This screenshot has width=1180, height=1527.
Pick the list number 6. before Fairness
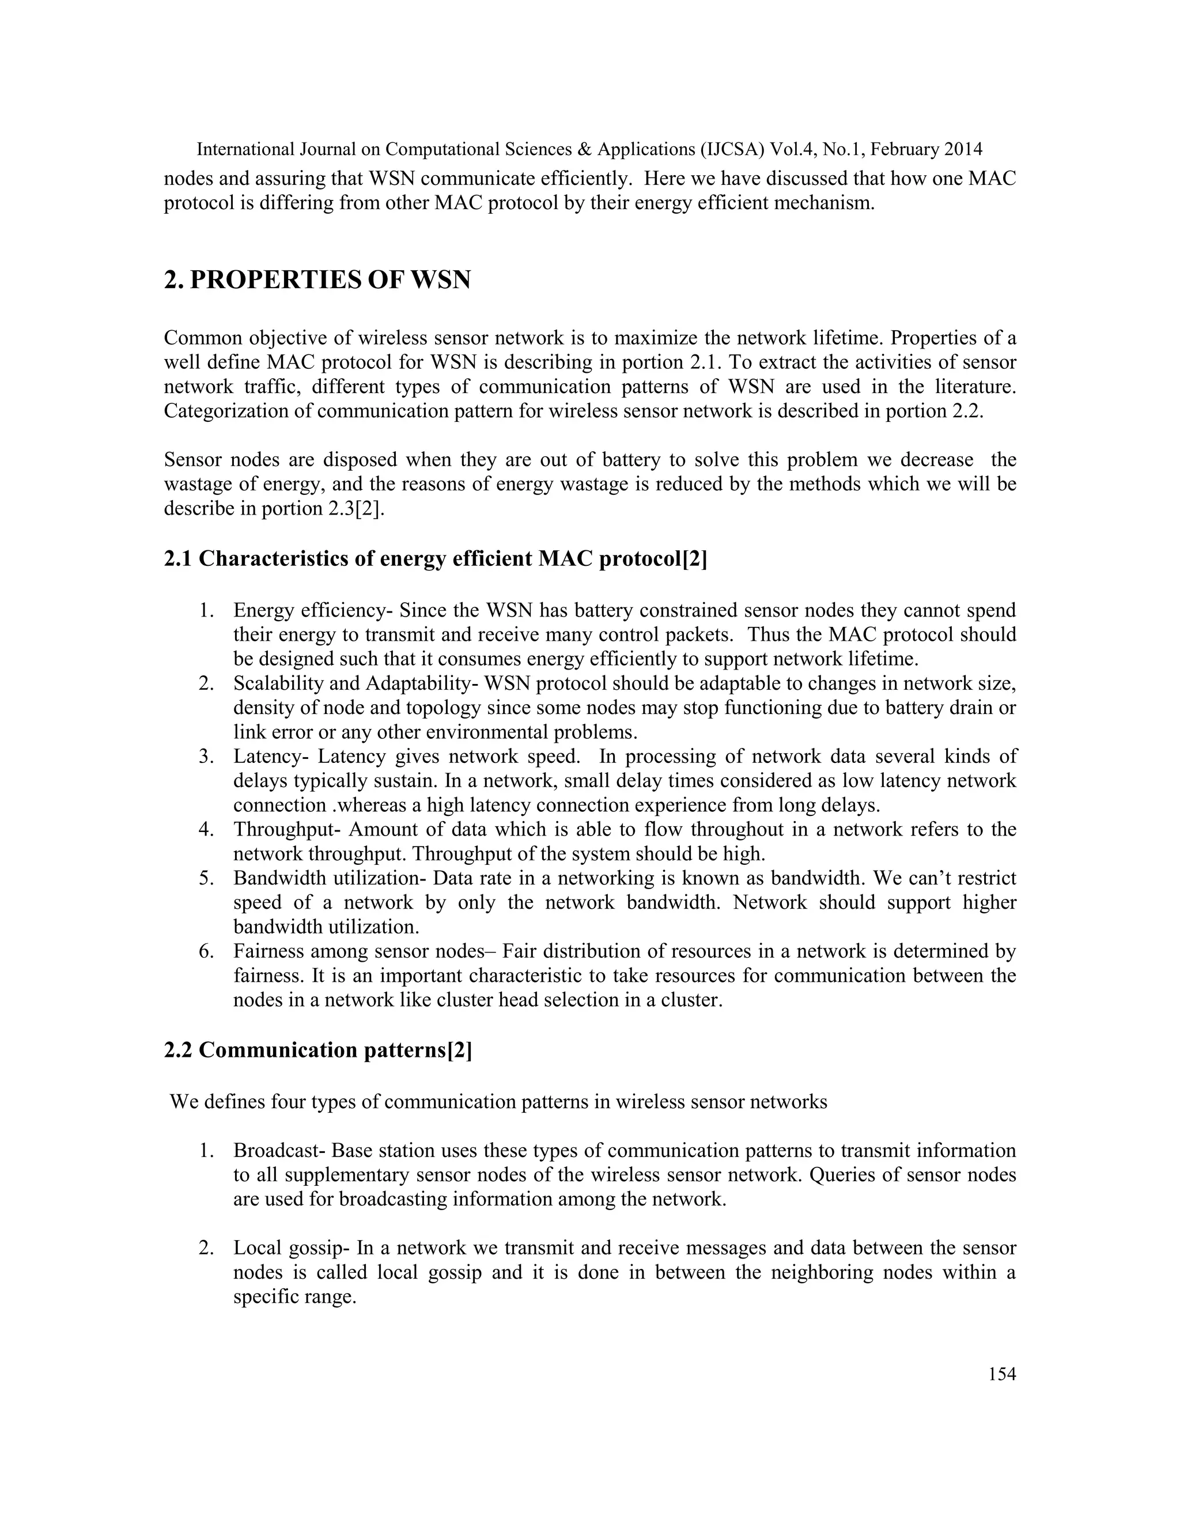206,951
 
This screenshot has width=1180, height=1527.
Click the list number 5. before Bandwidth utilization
206,878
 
